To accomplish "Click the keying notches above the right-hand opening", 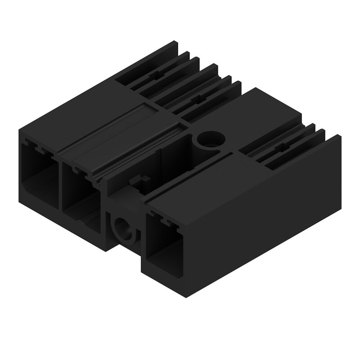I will (164, 220).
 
